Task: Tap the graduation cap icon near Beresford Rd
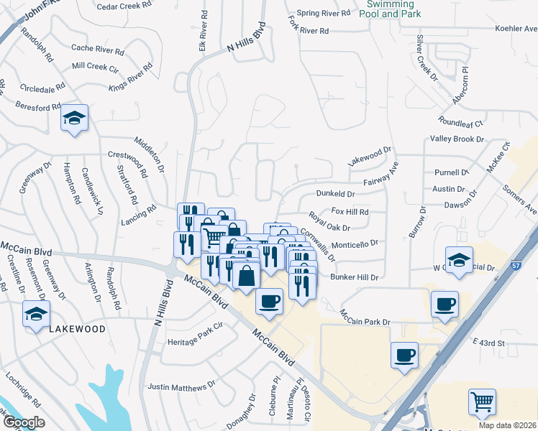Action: coord(73,117)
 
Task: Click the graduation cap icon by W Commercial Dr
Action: coord(458,260)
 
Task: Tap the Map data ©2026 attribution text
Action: coord(511,425)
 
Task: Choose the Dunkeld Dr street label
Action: coord(336,194)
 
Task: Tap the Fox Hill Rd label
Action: coord(350,212)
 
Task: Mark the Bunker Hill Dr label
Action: coord(354,277)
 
